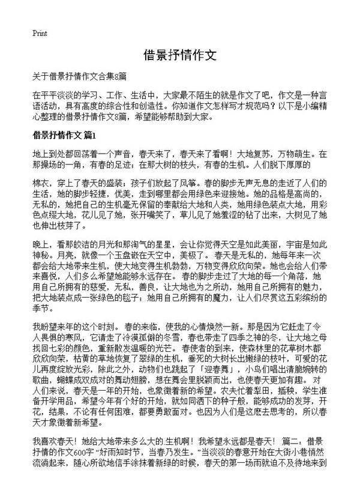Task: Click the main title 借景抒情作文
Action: point(179,56)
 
